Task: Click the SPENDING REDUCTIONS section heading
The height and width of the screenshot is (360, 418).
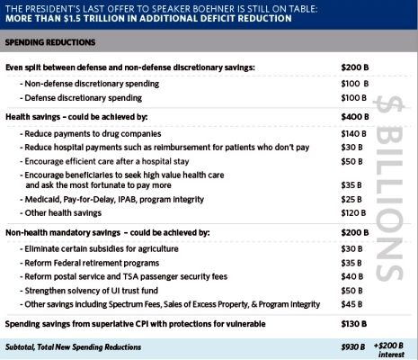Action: click(50, 42)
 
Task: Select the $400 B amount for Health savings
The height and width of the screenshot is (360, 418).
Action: click(355, 117)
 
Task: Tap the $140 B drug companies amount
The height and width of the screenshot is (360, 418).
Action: click(353, 134)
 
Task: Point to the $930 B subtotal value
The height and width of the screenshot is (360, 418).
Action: click(353, 347)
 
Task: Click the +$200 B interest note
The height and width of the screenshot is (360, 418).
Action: click(389, 350)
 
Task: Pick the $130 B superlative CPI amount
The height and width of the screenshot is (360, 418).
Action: click(354, 324)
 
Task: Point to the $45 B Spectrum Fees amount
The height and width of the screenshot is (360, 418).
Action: click(351, 304)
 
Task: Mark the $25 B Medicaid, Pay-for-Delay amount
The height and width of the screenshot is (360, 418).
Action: click(351, 200)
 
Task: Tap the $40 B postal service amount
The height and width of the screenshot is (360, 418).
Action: click(352, 276)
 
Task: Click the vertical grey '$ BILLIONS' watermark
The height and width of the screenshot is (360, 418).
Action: click(389, 189)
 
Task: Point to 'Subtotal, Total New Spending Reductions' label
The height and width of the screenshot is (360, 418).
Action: click(73, 347)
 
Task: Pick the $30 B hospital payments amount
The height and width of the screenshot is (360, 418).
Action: click(351, 148)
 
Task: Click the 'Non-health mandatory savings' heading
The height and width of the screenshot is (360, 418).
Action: click(63, 233)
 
